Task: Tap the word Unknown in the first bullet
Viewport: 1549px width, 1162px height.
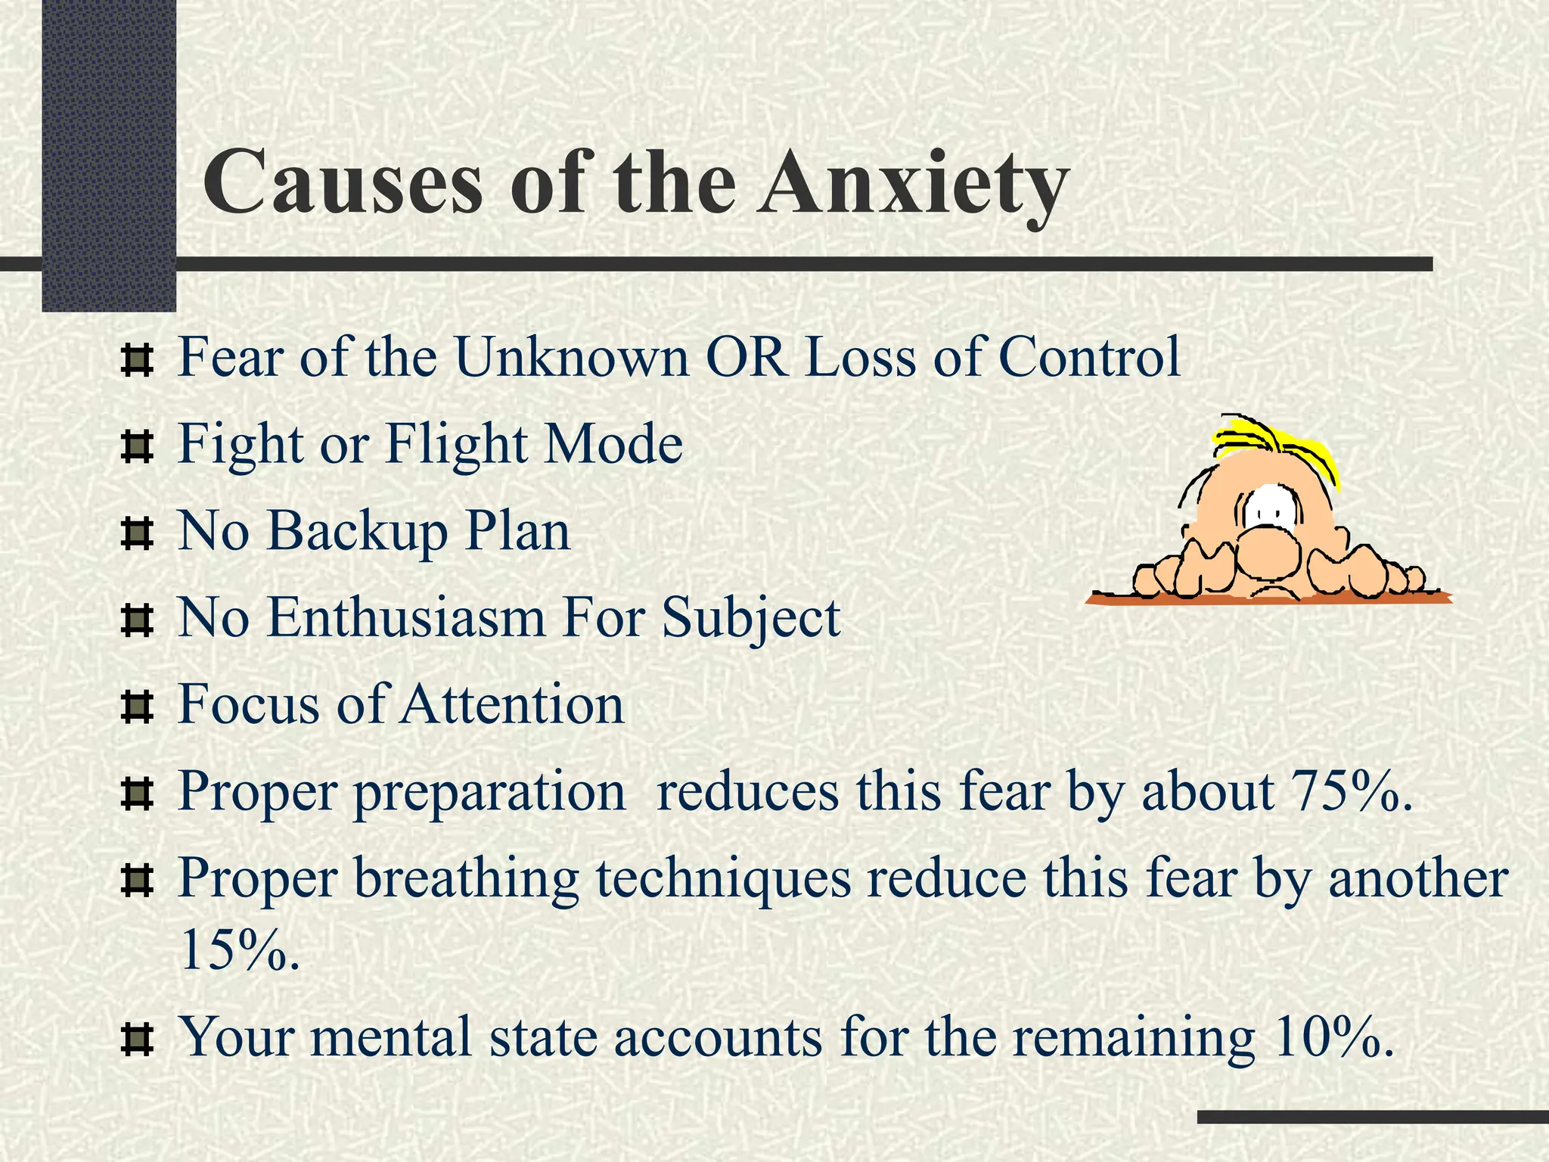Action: tap(571, 357)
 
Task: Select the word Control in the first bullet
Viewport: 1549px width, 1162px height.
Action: tap(1089, 357)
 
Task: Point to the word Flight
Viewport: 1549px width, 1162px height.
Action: tap(457, 445)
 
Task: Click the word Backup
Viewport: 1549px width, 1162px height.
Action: tap(358, 532)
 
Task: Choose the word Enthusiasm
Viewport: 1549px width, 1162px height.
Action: tap(406, 617)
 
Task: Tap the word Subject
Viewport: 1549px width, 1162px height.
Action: tap(750, 619)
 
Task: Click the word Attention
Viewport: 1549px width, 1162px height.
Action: tap(512, 705)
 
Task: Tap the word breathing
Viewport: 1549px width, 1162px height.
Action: tap(466, 880)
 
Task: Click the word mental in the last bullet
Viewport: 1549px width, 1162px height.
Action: tap(390, 1036)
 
